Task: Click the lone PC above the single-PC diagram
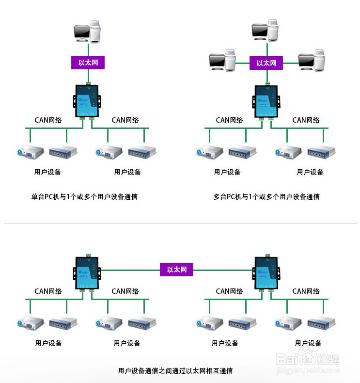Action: (x=88, y=32)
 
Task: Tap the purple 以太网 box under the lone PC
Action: (x=88, y=63)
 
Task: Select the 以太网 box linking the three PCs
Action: (x=266, y=63)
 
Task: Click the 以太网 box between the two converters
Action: (x=176, y=270)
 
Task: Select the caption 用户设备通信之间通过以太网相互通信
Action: (x=175, y=371)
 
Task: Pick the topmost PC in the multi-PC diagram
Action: (x=266, y=30)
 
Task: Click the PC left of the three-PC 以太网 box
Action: (x=222, y=61)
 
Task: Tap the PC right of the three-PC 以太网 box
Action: (x=312, y=61)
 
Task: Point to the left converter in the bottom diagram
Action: (x=88, y=272)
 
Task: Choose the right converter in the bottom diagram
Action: (x=266, y=272)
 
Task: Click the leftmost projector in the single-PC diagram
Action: (x=30, y=153)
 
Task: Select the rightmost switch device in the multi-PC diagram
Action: (x=321, y=152)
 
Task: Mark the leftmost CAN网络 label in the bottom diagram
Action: (x=48, y=291)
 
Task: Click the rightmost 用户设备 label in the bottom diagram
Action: (x=308, y=343)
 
